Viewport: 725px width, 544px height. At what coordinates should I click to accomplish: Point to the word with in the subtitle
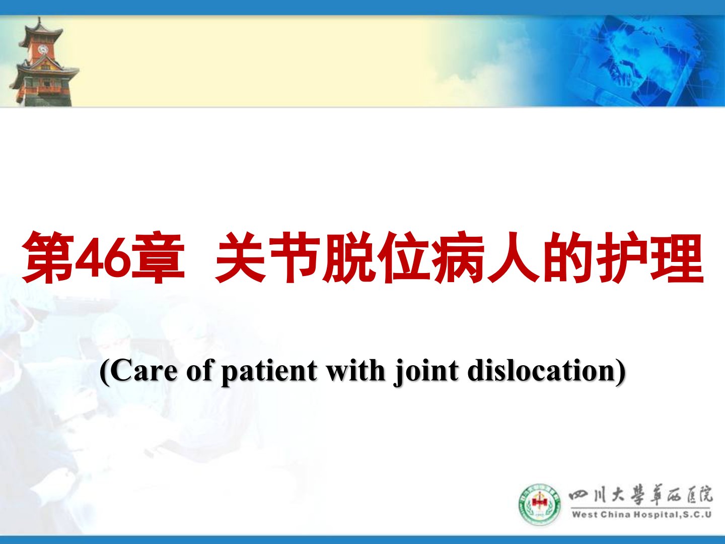click(356, 371)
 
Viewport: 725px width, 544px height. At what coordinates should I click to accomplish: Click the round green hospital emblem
click(539, 504)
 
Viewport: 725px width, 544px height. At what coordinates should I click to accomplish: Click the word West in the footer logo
click(585, 515)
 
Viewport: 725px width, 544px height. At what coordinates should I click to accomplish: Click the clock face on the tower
click(43, 49)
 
